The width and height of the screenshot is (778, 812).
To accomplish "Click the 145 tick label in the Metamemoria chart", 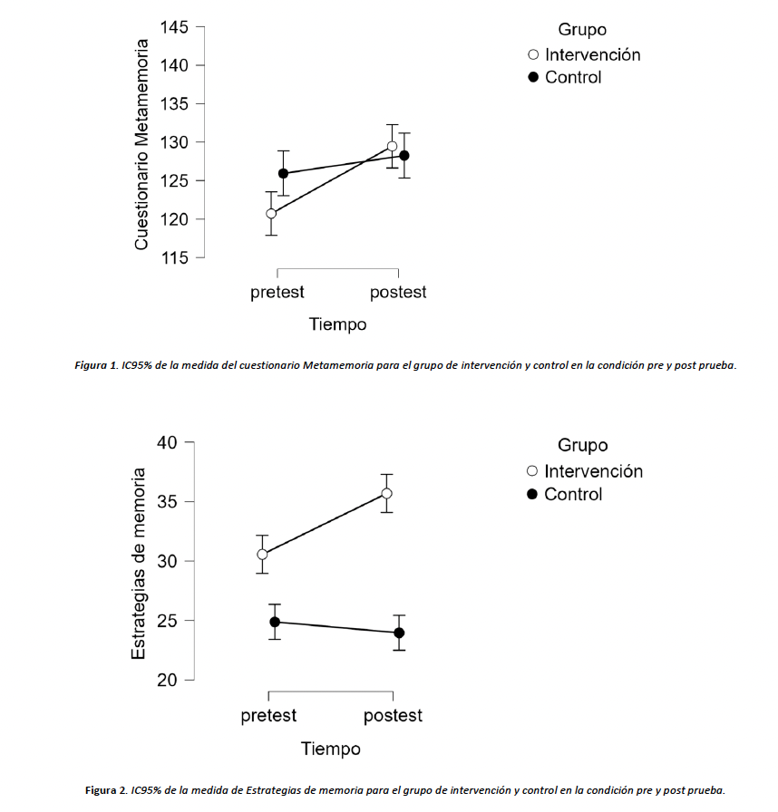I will (x=174, y=27).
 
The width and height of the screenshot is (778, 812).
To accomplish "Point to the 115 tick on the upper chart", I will (x=174, y=258).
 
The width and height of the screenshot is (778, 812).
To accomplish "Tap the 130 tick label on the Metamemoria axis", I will (x=174, y=142).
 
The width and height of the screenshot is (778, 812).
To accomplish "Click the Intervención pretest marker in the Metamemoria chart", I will (x=271, y=214).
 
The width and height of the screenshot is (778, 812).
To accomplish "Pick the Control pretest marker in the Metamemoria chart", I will (x=283, y=173).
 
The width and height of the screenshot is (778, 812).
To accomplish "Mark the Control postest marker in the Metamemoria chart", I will (x=404, y=156).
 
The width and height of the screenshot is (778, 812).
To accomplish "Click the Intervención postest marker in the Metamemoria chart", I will (x=392, y=146).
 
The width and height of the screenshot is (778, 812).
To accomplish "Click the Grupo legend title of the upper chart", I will (x=582, y=31).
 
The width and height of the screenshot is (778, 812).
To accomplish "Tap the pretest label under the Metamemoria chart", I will (x=277, y=293).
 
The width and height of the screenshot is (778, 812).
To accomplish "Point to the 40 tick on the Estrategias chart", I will (x=169, y=442).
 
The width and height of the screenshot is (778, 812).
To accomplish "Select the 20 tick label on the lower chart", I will (x=169, y=680).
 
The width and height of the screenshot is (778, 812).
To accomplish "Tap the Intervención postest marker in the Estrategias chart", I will (x=386, y=493).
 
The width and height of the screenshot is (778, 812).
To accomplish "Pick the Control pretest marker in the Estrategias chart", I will (x=275, y=622).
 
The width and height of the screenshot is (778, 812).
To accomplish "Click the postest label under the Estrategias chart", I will (x=393, y=716).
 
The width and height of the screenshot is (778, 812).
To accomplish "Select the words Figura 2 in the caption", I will (x=106, y=790).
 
